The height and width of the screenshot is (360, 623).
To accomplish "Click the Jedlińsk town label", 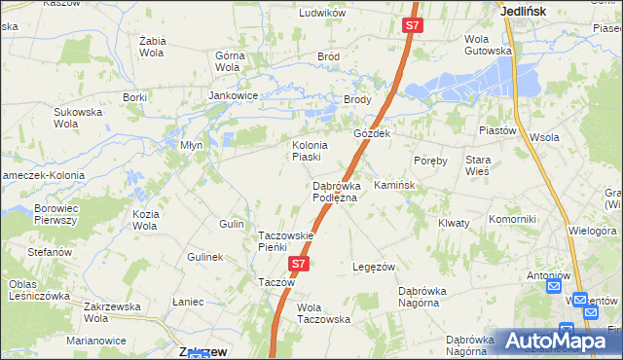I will [x=523, y=11].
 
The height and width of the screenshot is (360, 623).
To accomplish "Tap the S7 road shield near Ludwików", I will [x=413, y=26].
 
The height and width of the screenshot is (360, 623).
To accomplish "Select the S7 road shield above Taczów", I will [x=299, y=264].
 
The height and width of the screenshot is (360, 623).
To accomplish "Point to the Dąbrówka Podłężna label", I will [x=335, y=192].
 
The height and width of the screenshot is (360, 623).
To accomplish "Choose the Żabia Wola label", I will [x=153, y=47].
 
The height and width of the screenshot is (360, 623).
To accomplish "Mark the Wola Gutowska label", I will [x=488, y=45].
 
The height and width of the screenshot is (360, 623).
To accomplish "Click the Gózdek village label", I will [x=372, y=133].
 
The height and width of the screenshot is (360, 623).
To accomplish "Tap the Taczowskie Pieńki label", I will [x=285, y=241].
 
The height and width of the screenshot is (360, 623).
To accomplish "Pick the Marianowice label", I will [x=96, y=341].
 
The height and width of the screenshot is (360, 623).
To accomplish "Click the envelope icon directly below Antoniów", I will [x=554, y=287].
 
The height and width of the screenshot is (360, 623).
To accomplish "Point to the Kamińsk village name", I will [x=394, y=185].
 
